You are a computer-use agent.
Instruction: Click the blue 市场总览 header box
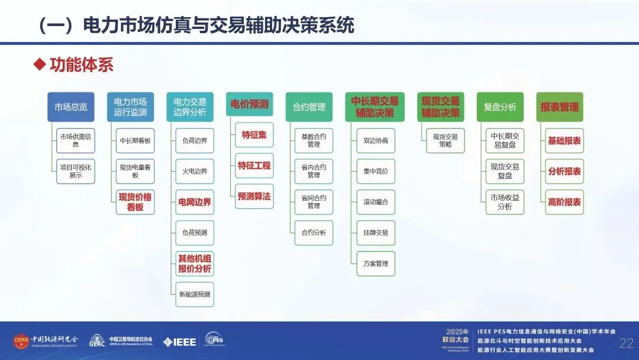click(71, 107)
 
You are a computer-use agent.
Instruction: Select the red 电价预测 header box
click(249, 104)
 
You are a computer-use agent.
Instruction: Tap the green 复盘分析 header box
click(500, 107)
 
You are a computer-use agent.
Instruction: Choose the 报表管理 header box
click(559, 107)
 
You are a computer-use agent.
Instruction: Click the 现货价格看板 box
click(135, 202)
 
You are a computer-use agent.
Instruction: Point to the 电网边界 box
click(195, 202)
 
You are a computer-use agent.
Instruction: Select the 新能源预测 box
click(195, 294)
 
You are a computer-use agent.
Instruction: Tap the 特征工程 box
click(254, 166)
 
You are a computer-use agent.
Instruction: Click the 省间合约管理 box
click(314, 201)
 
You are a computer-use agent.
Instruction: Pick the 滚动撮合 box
click(376, 202)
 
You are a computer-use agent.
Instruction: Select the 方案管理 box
click(376, 263)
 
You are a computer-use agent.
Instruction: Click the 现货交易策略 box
click(445, 140)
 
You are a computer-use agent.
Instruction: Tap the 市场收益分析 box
click(505, 202)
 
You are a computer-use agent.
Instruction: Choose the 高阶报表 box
click(564, 202)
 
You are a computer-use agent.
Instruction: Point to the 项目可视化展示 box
click(76, 171)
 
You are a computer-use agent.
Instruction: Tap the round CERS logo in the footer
click(21, 341)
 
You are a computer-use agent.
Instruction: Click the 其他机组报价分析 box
click(195, 263)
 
